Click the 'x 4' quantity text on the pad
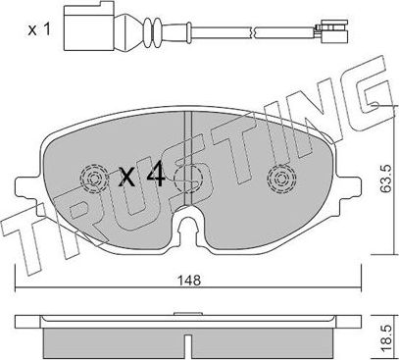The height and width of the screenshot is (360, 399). pyautogui.click(x=141, y=177)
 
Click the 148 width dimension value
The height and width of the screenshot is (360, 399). pyautogui.click(x=188, y=279)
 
